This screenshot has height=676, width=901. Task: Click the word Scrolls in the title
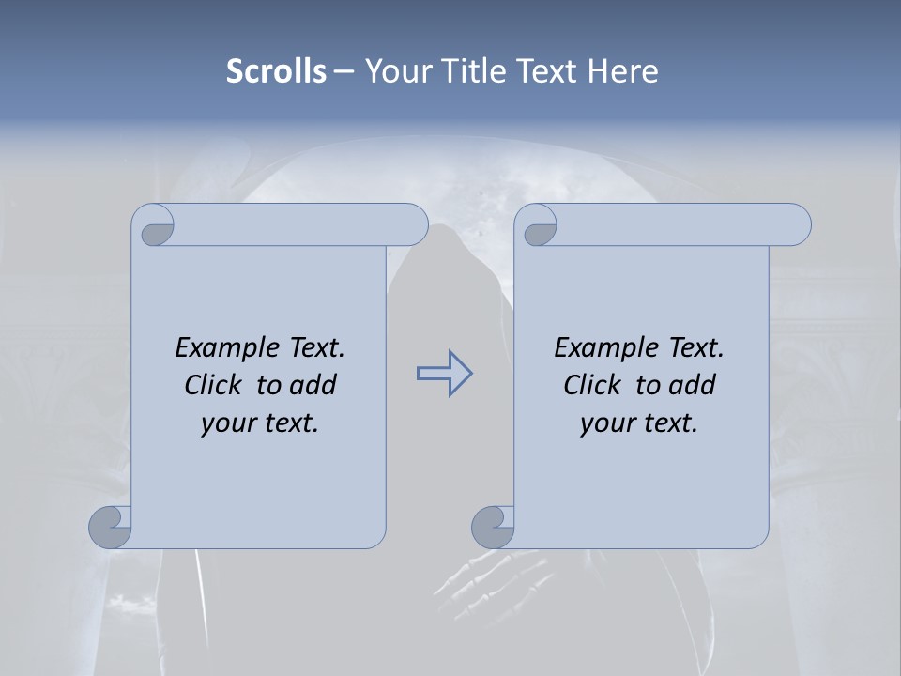(x=276, y=71)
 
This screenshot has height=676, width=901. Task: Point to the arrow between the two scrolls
(x=444, y=374)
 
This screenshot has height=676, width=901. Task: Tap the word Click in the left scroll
(x=213, y=385)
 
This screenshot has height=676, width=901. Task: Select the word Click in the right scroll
(x=592, y=385)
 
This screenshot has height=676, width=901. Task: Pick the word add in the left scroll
(x=313, y=385)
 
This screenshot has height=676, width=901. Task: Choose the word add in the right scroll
(x=692, y=385)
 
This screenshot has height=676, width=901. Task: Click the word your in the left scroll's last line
(x=226, y=423)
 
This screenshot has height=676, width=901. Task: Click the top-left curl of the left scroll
(x=154, y=226)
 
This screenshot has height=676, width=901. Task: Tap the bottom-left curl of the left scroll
(x=111, y=527)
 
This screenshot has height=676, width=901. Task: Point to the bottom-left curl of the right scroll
(x=494, y=527)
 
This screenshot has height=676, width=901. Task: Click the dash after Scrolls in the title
(x=344, y=71)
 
